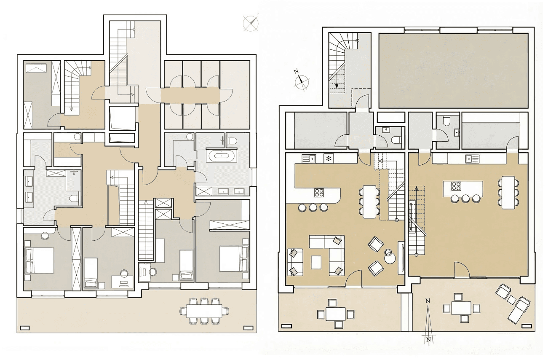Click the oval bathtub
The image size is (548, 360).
[222, 156]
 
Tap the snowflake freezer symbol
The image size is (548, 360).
[328, 159]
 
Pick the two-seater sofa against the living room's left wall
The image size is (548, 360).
[295, 262]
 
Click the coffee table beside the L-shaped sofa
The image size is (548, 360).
[316, 262]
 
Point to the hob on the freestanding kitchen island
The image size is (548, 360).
[456, 185]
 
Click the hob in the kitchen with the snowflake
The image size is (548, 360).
[319, 193]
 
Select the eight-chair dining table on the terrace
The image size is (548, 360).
[204, 311]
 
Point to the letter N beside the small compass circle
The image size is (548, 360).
[296, 72]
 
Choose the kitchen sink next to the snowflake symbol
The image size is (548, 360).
[309, 159]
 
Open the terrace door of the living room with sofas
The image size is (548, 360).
[354, 278]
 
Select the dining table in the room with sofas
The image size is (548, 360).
[369, 201]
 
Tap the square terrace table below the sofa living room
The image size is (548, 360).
[336, 314]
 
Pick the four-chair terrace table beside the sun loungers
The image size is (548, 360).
[461, 308]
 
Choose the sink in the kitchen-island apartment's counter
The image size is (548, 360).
[470, 159]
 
